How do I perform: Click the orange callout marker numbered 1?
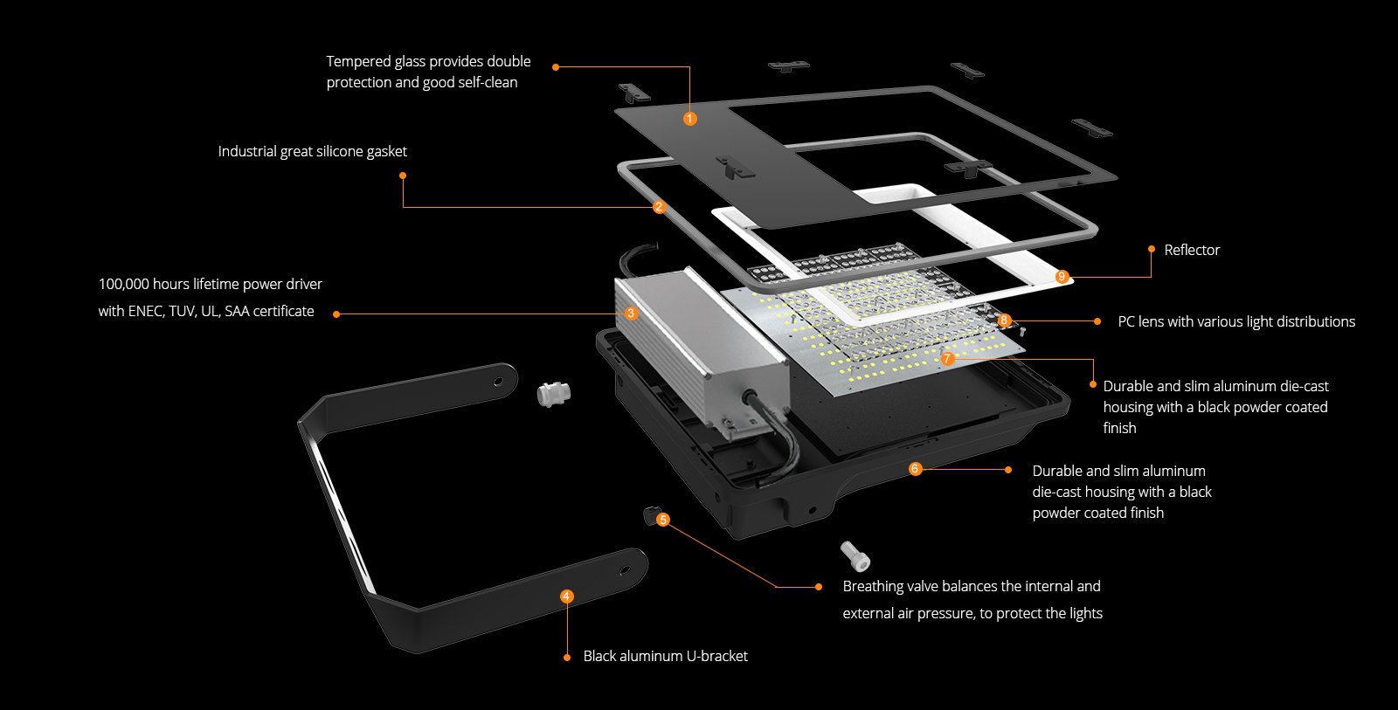[690, 119]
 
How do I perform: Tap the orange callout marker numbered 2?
[660, 207]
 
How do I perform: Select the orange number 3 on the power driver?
[631, 314]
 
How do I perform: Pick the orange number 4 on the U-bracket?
[567, 596]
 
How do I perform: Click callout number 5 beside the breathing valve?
[663, 520]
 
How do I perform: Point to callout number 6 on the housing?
[915, 469]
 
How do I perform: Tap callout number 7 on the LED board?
[947, 358]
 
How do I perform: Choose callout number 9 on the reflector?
[1062, 277]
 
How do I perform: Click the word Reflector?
[1192, 251]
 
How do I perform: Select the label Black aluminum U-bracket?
[665, 656]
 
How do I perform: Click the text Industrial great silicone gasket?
[312, 151]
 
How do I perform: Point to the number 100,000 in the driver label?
[123, 284]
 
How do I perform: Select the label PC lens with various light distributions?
[1236, 321]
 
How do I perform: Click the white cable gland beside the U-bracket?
[552, 394]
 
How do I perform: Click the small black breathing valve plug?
[649, 514]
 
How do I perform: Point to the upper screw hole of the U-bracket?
[499, 382]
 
